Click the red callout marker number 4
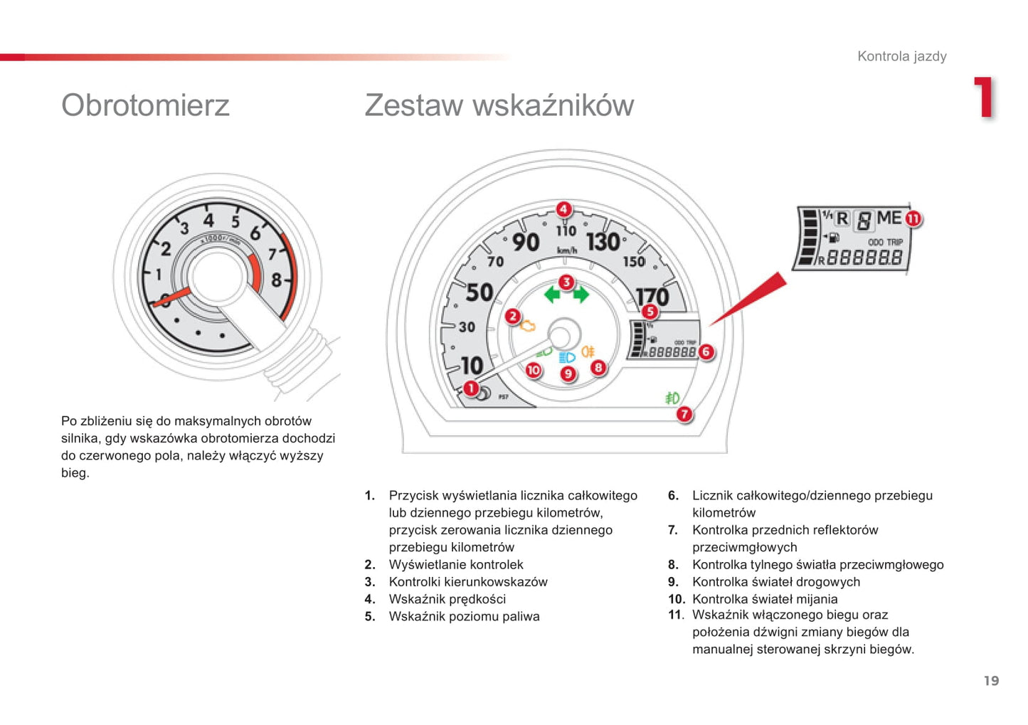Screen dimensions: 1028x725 (564, 210)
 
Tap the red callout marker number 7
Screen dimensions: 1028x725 (684, 414)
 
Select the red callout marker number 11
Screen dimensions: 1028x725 (913, 219)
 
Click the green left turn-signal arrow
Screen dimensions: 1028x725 (552, 295)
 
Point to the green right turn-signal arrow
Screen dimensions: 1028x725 (581, 295)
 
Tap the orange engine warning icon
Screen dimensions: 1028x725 (528, 327)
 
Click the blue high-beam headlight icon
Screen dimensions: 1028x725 (567, 357)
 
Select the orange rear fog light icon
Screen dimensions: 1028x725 (588, 352)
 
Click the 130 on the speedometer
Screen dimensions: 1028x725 (603, 242)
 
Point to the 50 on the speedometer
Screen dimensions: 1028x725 (479, 292)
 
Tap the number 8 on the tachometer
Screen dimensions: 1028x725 (276, 280)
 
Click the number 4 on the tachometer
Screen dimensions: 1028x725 (209, 221)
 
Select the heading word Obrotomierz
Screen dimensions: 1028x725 (145, 105)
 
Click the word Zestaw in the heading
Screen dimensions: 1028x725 (414, 105)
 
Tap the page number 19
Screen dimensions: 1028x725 (991, 680)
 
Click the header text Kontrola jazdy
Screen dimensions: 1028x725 (902, 56)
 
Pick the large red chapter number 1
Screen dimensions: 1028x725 (984, 97)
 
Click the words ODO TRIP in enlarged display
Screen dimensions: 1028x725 (885, 242)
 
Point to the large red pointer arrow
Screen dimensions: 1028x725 (748, 299)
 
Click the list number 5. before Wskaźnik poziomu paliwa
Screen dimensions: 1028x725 (370, 616)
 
